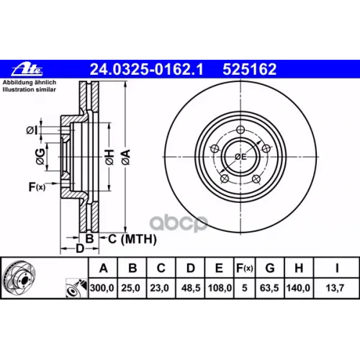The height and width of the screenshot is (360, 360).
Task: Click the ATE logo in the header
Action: point(23,70)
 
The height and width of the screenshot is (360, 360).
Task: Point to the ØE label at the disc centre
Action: point(241,156)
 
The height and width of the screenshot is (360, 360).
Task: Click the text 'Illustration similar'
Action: point(28,91)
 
